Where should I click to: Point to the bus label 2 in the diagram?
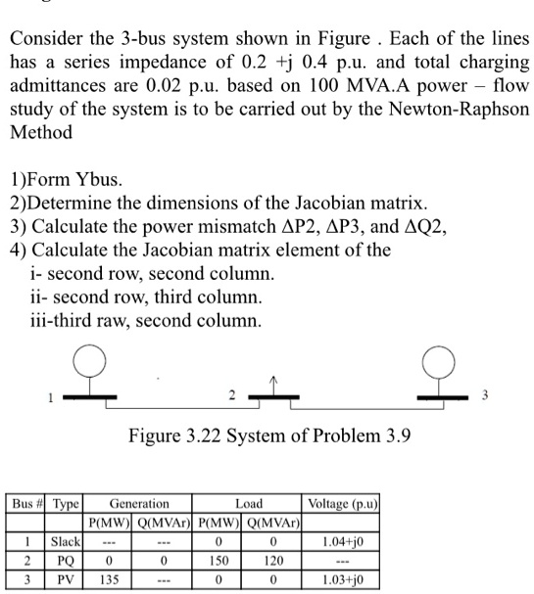tap(232, 396)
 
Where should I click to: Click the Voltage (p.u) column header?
tap(342, 503)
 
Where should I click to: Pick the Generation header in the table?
tap(138, 503)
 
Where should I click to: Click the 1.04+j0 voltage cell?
tap(342, 539)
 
